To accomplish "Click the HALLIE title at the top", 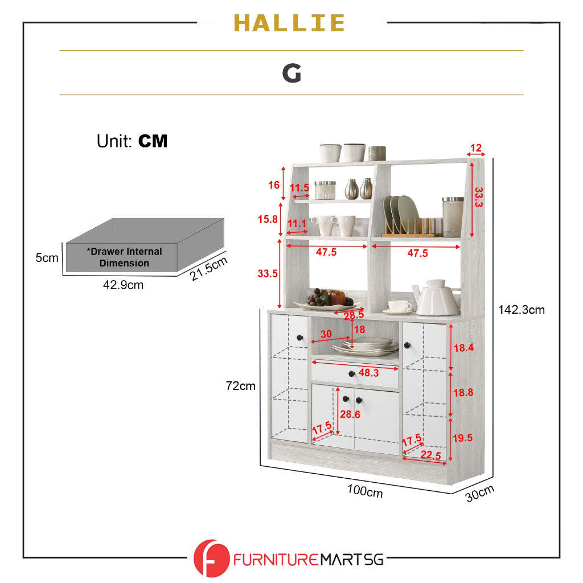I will tap(289, 23).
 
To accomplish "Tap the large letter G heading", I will tap(291, 73).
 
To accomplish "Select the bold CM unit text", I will tap(153, 141).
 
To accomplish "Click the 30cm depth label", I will tap(479, 493).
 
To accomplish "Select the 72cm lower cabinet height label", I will tap(240, 386).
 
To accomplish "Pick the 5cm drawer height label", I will tap(47, 258).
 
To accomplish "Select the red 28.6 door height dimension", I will tap(350, 414).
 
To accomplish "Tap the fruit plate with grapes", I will tap(327, 299).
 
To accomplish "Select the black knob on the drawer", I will tap(352, 373).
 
